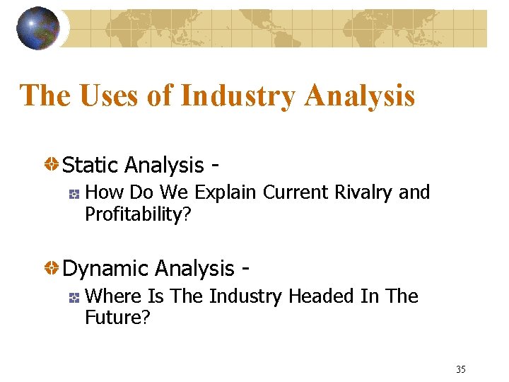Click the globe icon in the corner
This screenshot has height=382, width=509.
coord(38,28)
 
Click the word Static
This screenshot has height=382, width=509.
coord(90,165)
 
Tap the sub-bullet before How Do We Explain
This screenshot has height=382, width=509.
coord(74,193)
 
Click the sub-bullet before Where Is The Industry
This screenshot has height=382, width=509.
coord(74,297)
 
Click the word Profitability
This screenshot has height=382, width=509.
coord(134,214)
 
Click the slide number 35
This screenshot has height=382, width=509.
coord(461,369)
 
